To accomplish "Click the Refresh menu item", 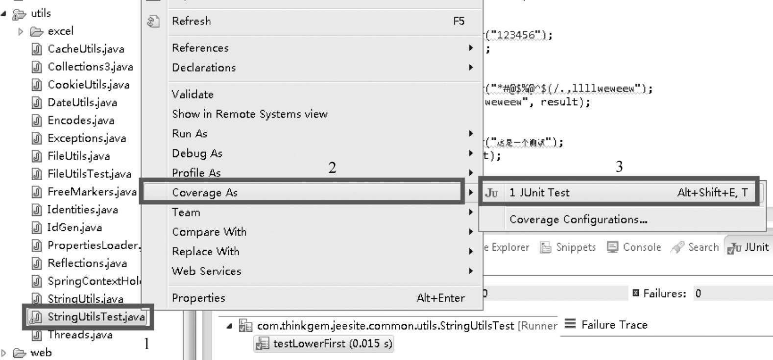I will pyautogui.click(x=192, y=21).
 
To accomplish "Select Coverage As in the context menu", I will pyautogui.click(x=205, y=192).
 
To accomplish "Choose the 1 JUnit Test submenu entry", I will pyautogui.click(x=539, y=192).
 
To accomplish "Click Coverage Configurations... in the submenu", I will pyautogui.click(x=578, y=219).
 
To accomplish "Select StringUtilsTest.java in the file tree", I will pyautogui.click(x=96, y=317).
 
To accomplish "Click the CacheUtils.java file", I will pyautogui.click(x=86, y=49).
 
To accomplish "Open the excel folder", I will pyautogui.click(x=60, y=31).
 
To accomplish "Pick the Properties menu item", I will pyautogui.click(x=198, y=298).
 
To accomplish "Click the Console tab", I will pyautogui.click(x=641, y=247).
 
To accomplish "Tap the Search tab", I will pyautogui.click(x=702, y=247).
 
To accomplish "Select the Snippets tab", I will pyautogui.click(x=575, y=247).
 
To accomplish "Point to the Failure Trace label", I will pyautogui.click(x=614, y=325).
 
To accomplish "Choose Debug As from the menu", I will pyautogui.click(x=197, y=153).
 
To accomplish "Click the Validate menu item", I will pyautogui.click(x=193, y=94).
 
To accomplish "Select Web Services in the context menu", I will pyautogui.click(x=206, y=271).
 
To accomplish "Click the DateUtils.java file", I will pyautogui.click(x=82, y=102).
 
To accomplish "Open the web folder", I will pyautogui.click(x=40, y=353).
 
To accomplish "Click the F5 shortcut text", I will pyautogui.click(x=459, y=21).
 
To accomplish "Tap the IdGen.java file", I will pyautogui.click(x=74, y=227).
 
